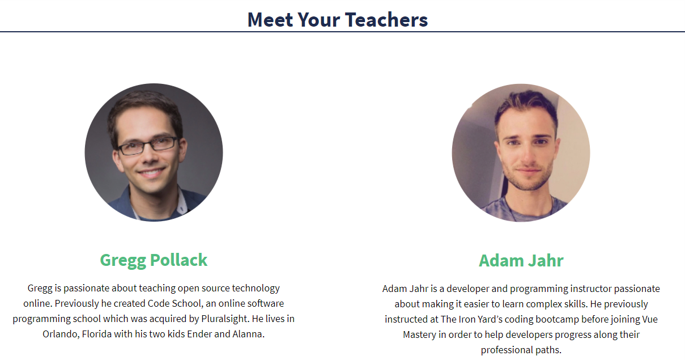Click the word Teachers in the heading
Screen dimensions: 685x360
(386, 20)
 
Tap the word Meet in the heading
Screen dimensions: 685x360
(270, 20)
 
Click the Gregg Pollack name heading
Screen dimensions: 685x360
(154, 260)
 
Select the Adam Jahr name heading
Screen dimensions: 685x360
(521, 261)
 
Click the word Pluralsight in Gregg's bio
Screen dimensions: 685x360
(224, 319)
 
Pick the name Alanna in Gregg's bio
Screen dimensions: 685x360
(248, 334)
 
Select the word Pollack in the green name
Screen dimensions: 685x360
(178, 260)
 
